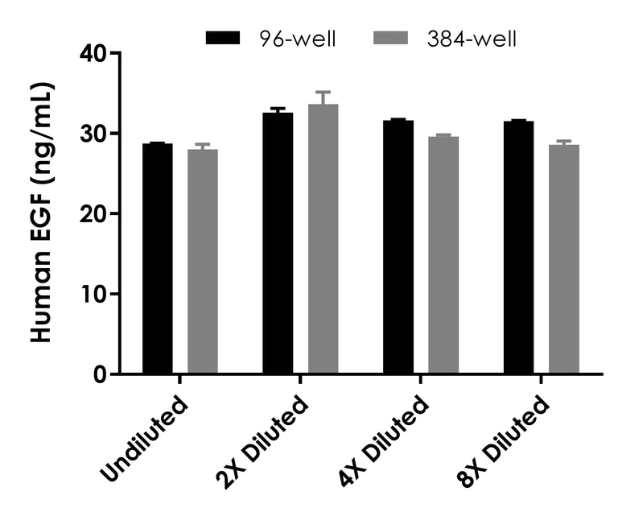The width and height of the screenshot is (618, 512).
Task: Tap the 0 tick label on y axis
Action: pos(102,374)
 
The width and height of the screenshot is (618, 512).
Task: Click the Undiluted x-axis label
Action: pos(146,435)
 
